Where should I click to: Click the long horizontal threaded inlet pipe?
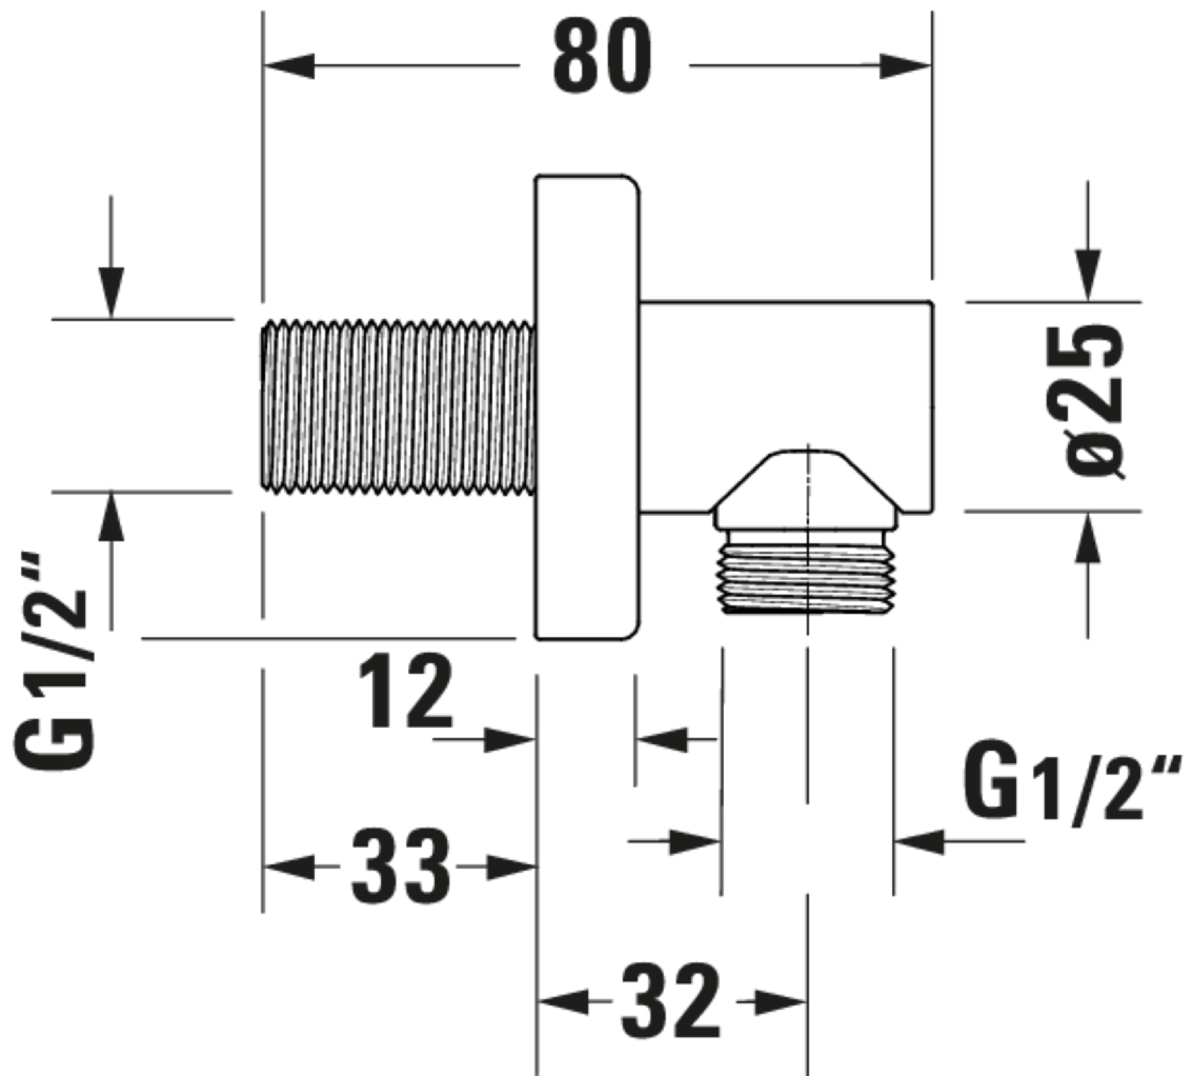pyautogui.click(x=398, y=407)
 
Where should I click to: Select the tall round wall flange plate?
pyautogui.click(x=586, y=407)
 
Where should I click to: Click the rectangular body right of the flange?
pyautogui.click(x=786, y=379)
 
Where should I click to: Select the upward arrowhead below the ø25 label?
pyautogui.click(x=1088, y=538)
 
